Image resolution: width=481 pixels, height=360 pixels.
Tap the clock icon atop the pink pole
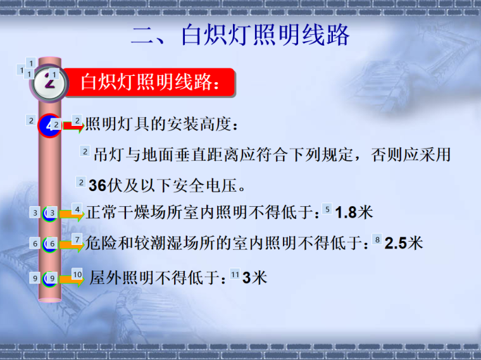pyautogui.click(x=49, y=83)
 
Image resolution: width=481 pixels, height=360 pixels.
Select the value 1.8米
pyautogui.click(x=354, y=213)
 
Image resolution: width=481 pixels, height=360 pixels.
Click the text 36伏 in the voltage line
pyautogui.click(x=106, y=185)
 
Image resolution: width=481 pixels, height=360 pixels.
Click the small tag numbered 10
pyautogui.click(x=77, y=274)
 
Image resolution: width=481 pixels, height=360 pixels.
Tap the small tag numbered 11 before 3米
pyautogui.click(x=235, y=275)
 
